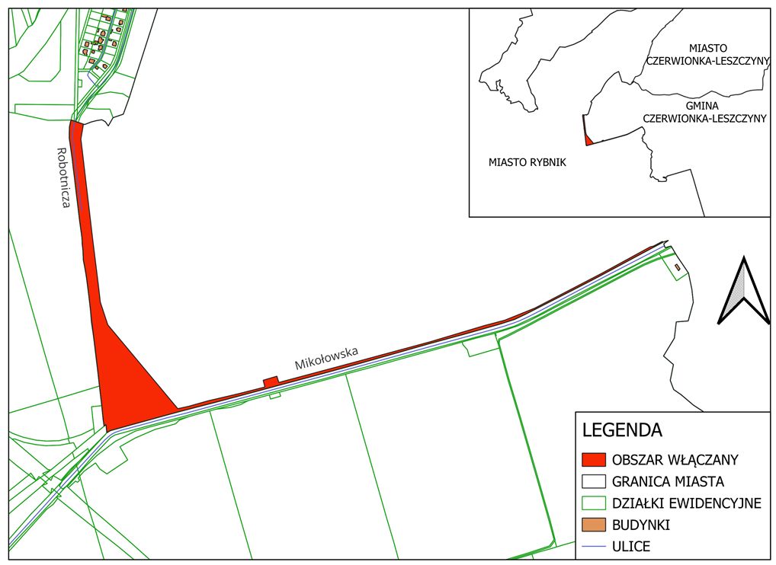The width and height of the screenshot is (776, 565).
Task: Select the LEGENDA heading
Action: (621, 429)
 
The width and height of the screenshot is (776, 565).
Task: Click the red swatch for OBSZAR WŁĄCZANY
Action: (593, 460)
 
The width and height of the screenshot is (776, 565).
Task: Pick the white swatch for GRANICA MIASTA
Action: (593, 481)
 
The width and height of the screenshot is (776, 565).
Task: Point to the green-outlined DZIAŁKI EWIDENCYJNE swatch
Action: (593, 503)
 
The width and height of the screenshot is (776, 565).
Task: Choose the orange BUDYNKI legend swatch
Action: (593, 525)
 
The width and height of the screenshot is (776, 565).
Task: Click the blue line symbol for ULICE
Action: (593, 547)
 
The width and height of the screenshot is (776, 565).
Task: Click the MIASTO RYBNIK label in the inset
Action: (527, 163)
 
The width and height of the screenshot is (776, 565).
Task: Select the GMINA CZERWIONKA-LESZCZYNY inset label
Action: (704, 112)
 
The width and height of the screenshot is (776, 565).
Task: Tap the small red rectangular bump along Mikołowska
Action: (270, 382)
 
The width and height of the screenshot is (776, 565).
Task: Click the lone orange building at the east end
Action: (677, 267)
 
